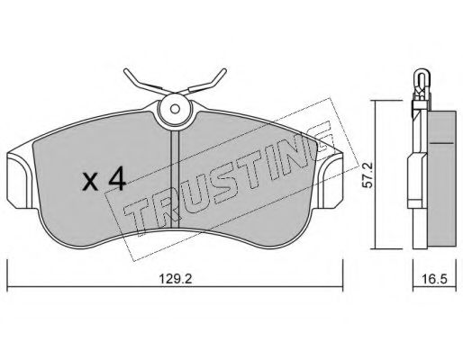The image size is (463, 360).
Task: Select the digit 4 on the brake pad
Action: [114, 180]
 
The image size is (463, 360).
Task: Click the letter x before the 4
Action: [89, 183]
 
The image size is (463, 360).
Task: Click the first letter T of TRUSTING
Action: [135, 225]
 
